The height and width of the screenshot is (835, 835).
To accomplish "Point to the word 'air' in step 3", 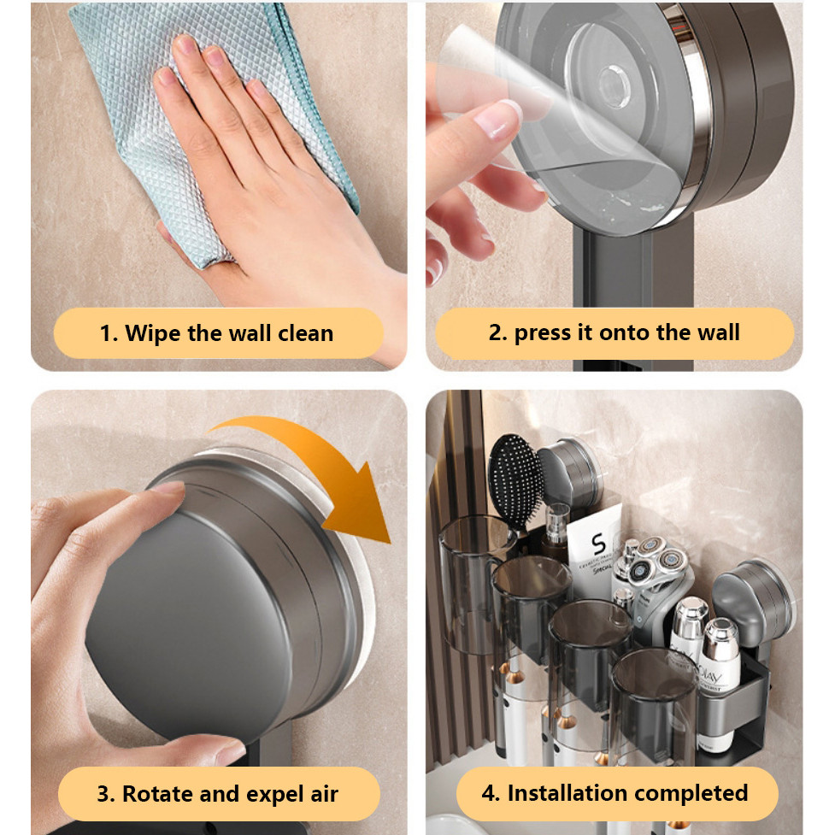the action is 324,795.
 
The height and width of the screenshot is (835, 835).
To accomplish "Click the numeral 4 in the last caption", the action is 490,794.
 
